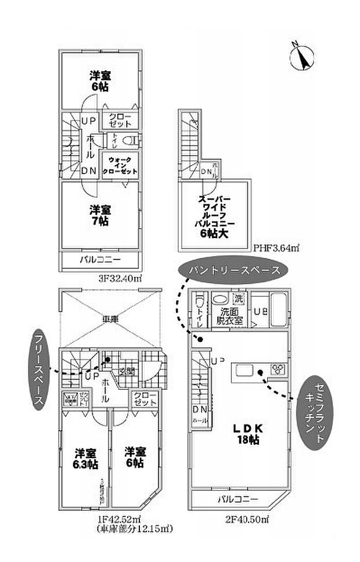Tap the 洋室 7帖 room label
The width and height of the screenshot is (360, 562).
(x=100, y=215)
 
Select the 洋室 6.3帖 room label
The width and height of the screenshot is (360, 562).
(x=85, y=458)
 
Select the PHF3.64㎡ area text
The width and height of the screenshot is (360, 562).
(x=276, y=248)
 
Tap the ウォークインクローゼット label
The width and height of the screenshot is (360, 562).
(x=120, y=165)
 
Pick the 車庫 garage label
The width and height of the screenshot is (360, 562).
(x=111, y=319)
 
